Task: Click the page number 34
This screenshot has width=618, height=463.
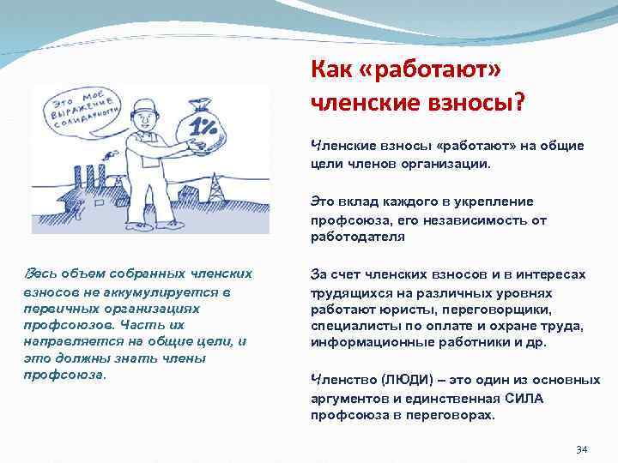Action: tap(581, 449)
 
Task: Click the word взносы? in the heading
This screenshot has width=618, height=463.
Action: tap(477, 102)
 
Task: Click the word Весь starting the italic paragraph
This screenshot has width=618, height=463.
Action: tap(42, 274)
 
